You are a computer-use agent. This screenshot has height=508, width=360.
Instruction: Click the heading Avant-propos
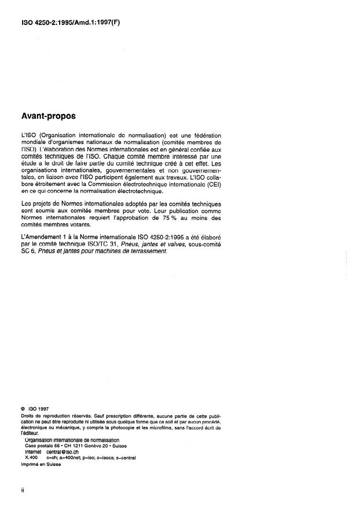pyautogui.click(x=49, y=116)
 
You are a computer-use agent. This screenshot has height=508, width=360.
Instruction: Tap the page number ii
pyautogui.click(x=23, y=490)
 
